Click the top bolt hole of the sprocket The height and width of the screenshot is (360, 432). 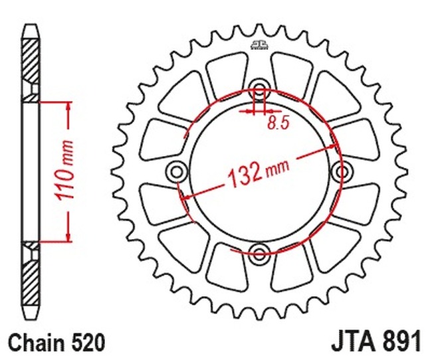point(260,90)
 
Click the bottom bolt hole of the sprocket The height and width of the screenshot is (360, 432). point(260,250)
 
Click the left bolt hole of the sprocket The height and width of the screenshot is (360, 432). point(177,171)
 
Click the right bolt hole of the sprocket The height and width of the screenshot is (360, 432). point(342,172)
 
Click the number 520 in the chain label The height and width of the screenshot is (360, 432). point(87,343)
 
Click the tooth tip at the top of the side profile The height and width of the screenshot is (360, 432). point(31,29)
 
